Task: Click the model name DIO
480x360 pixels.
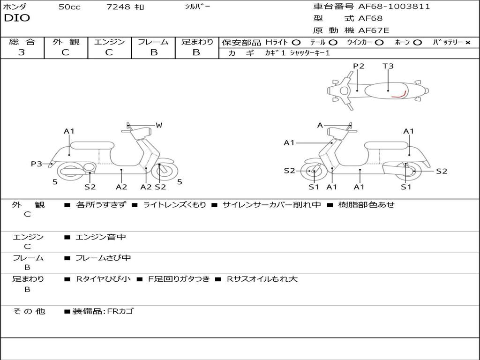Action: point(17,18)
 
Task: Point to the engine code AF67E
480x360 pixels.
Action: point(374,31)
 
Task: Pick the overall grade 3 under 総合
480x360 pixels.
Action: point(22,52)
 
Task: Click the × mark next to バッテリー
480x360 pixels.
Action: point(467,43)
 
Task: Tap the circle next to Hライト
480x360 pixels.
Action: point(296,43)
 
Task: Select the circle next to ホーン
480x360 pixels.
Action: point(417,43)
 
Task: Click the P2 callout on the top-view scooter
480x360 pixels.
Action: point(359,66)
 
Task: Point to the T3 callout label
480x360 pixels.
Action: point(388,66)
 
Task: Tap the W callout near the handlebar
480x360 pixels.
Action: point(159,125)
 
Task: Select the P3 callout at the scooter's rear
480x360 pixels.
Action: point(37,164)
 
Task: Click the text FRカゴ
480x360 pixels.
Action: point(120,311)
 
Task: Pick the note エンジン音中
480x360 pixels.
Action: point(101,237)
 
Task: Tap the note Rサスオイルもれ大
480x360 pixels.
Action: point(262,279)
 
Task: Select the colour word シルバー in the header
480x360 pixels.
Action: point(198,7)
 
